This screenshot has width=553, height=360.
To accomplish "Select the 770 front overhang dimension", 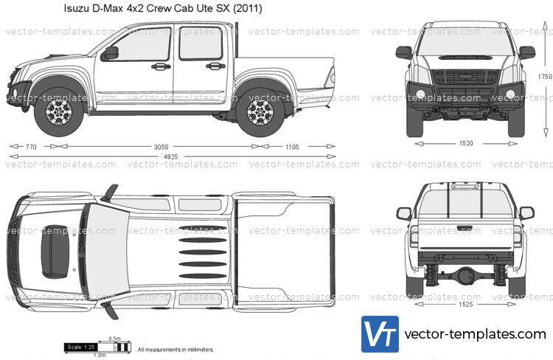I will pos(30,147).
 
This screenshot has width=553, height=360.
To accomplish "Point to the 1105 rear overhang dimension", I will pos(291,147).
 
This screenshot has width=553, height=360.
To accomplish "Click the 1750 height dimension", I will pos(544,77).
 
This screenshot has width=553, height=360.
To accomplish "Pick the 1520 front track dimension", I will pos(465,144).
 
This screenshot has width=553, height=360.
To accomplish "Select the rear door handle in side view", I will pos(215,66).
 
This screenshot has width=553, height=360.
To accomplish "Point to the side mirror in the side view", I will pos(111,52).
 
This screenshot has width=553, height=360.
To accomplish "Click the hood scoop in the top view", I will pos(55,250).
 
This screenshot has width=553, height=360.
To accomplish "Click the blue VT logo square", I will pos(380,334).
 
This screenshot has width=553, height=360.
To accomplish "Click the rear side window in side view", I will pos(201,44).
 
